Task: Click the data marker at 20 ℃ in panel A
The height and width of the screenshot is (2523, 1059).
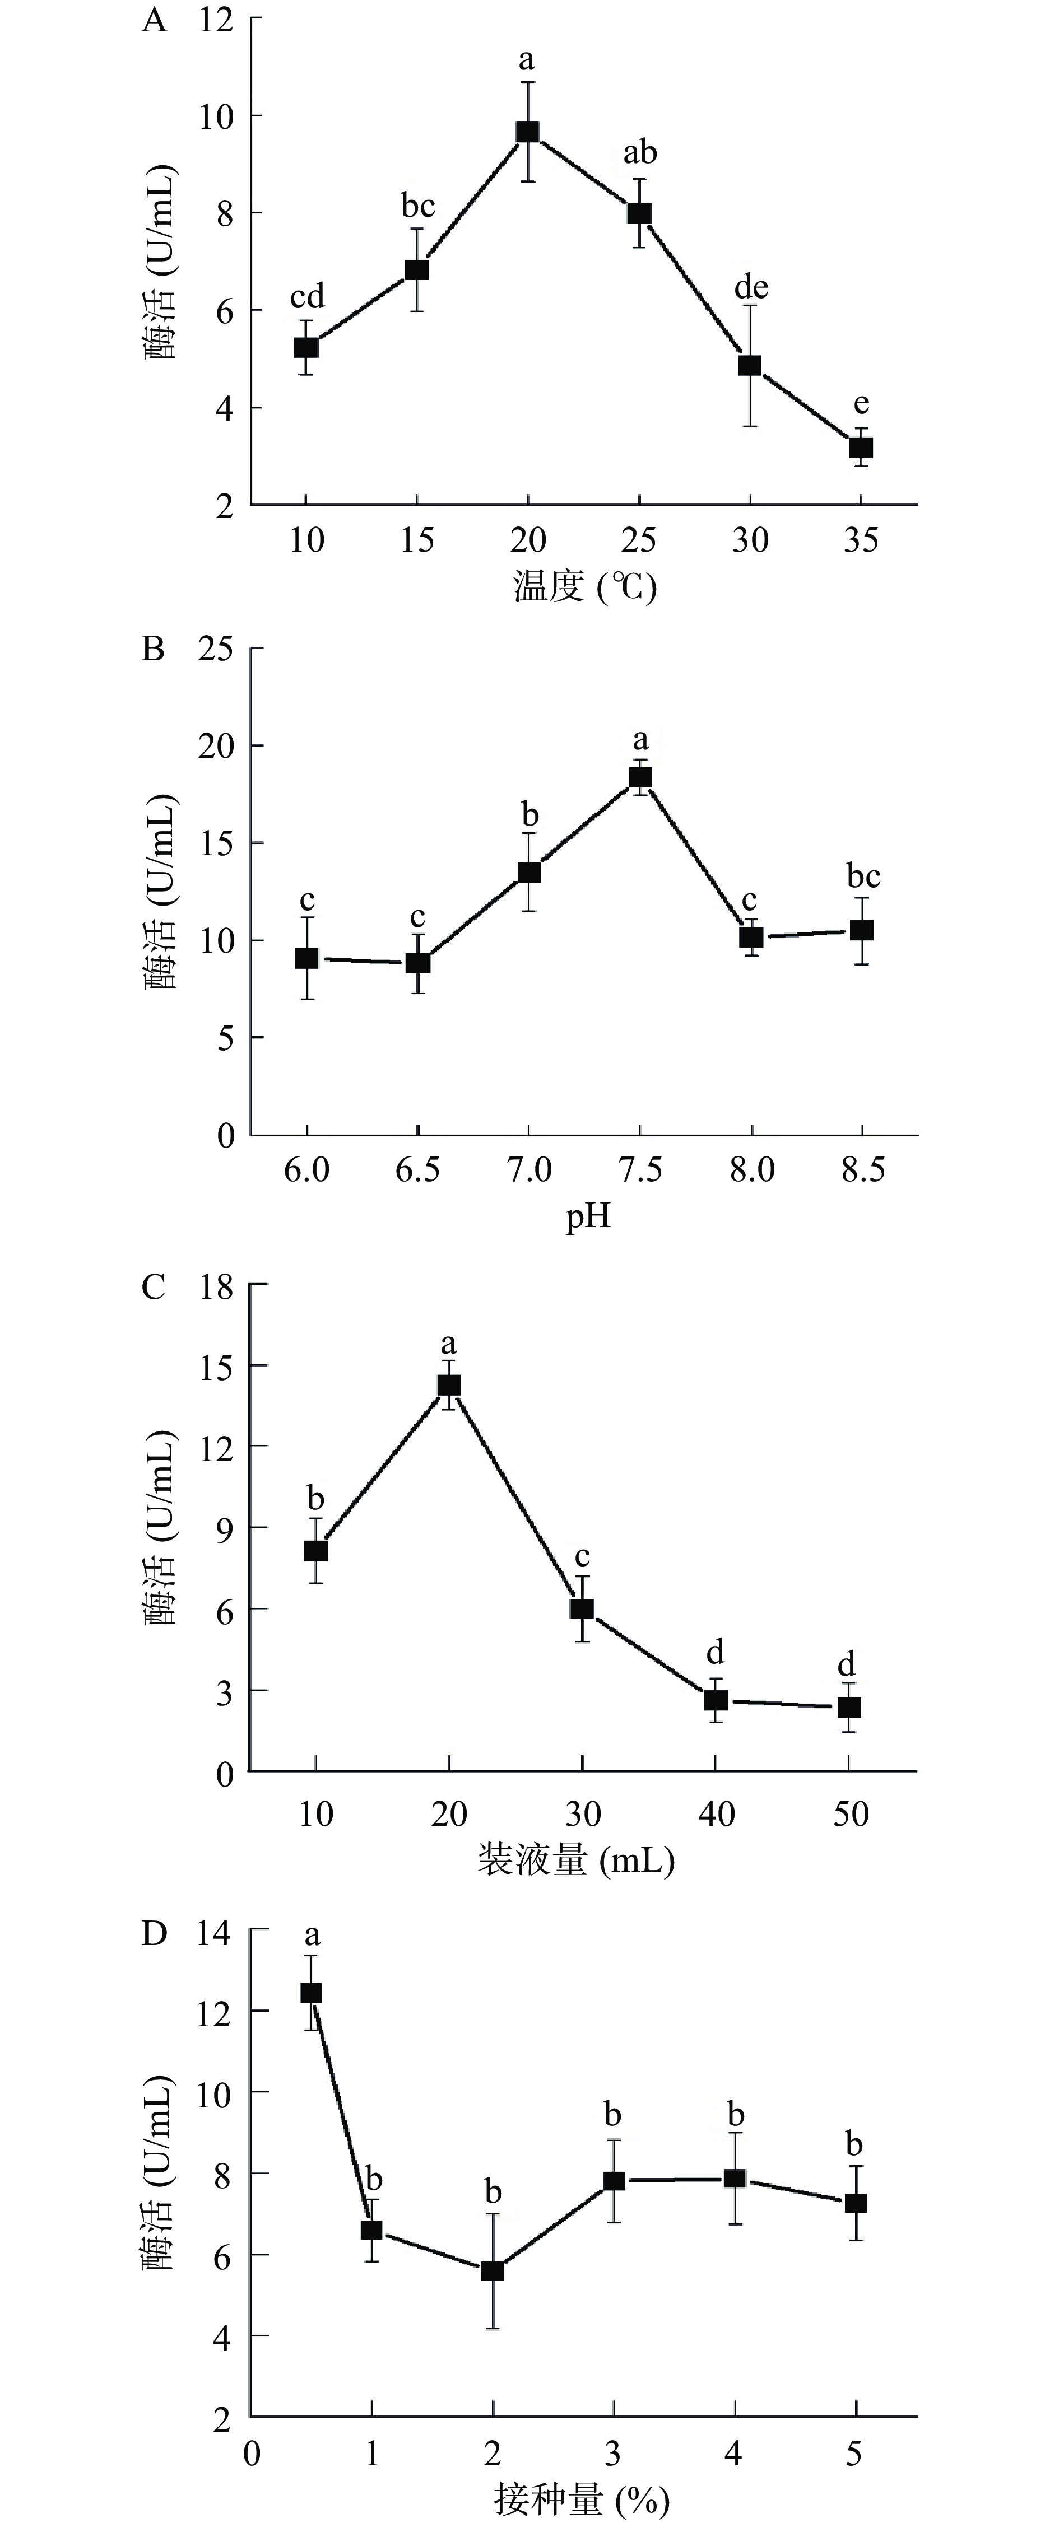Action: (x=528, y=131)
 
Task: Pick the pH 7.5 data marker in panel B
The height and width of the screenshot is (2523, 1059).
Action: (x=640, y=778)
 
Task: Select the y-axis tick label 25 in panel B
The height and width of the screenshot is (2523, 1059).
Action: (x=216, y=649)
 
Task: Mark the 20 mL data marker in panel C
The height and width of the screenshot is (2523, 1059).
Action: (x=449, y=1385)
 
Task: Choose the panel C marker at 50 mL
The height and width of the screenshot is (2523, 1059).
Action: (x=848, y=1707)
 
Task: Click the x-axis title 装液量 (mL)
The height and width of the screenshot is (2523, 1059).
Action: (x=576, y=1859)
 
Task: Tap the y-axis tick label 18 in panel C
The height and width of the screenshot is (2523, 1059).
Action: (x=216, y=1286)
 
